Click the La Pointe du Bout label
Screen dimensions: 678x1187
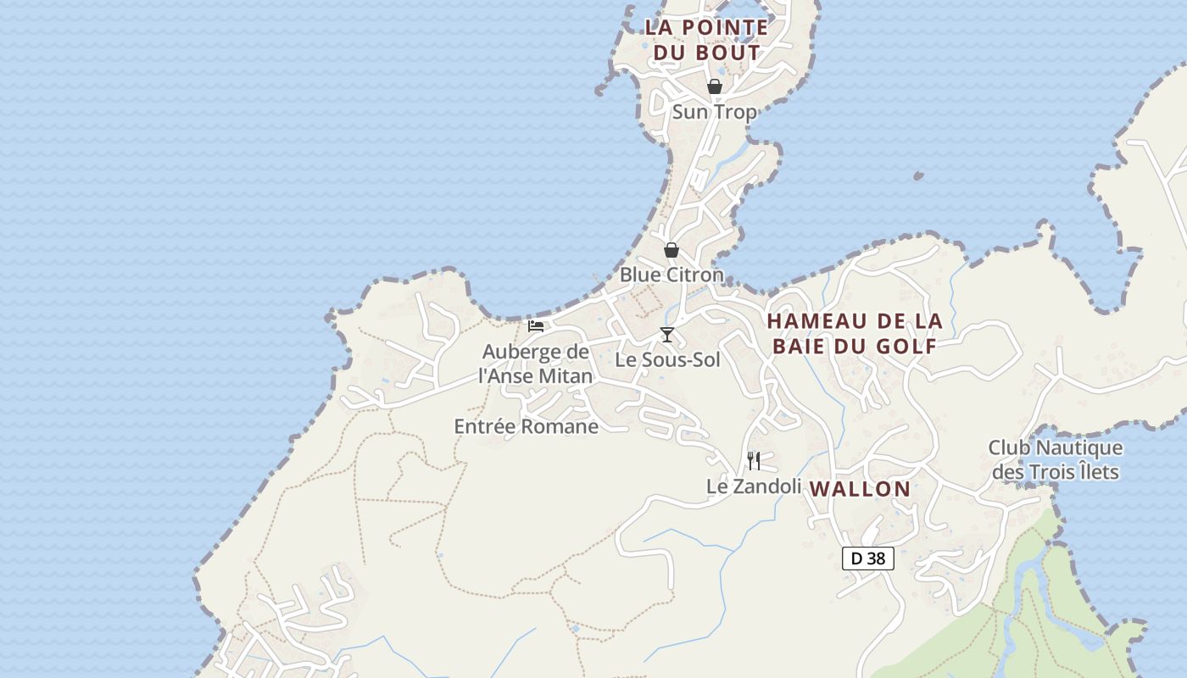click(x=706, y=40)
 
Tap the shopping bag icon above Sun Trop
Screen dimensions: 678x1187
click(x=715, y=86)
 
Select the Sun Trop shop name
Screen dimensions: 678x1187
click(x=714, y=112)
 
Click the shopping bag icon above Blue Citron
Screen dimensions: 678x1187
click(x=672, y=250)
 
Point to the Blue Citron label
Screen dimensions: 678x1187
click(x=672, y=275)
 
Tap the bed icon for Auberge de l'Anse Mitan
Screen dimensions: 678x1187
click(x=536, y=325)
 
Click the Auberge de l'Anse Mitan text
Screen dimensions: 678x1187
click(x=536, y=363)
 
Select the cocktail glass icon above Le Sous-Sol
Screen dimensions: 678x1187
click(x=667, y=335)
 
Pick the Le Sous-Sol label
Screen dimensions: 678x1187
click(x=667, y=359)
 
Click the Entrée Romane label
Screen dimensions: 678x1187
click(x=527, y=426)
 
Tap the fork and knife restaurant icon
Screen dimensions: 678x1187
click(x=754, y=461)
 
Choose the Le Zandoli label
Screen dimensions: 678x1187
click(x=754, y=486)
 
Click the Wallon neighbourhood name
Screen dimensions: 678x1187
click(x=860, y=489)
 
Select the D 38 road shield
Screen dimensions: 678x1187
click(x=868, y=559)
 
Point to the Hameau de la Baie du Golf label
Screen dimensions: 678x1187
click(x=855, y=333)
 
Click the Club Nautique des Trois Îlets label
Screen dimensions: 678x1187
click(x=1056, y=459)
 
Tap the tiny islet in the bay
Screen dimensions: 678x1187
click(x=918, y=176)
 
